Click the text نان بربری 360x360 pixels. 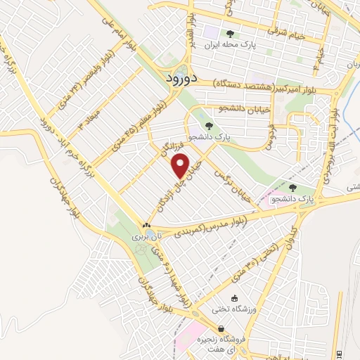(147, 238)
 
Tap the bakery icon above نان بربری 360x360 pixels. (147, 227)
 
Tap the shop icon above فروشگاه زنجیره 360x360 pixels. (221, 328)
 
